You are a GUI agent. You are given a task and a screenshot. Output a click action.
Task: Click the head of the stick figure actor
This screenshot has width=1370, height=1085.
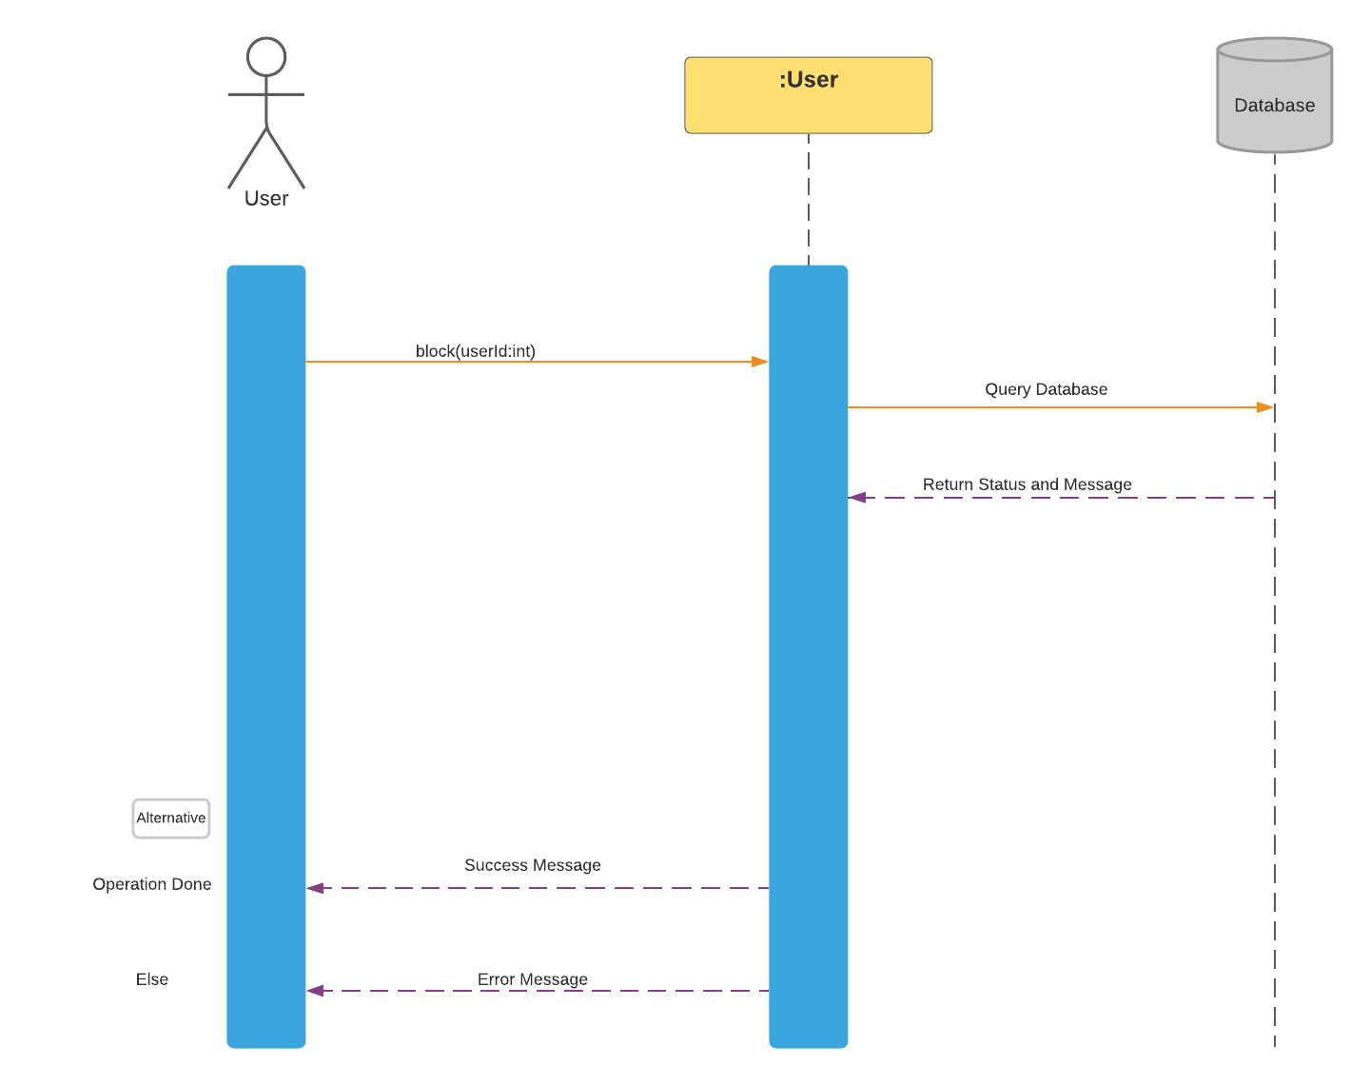(266, 57)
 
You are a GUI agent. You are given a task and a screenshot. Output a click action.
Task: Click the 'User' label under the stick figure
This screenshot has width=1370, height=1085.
(266, 199)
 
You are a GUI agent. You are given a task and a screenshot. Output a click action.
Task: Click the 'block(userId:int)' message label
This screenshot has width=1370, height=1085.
(476, 351)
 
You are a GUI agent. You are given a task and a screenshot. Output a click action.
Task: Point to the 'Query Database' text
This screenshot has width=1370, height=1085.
(1046, 389)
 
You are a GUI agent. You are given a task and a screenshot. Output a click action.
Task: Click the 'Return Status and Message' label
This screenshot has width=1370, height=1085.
(1027, 484)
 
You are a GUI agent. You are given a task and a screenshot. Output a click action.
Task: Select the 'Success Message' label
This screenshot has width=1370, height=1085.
(532, 865)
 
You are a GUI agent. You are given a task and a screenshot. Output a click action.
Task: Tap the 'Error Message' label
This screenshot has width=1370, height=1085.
(532, 979)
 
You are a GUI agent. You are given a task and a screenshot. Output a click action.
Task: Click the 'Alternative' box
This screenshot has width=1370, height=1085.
(171, 819)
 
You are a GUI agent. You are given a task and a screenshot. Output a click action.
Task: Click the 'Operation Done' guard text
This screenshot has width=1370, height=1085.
(152, 884)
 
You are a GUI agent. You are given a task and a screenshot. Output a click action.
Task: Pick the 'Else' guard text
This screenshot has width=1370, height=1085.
(152, 979)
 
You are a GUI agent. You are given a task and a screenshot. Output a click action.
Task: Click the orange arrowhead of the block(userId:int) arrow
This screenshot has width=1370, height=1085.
(760, 362)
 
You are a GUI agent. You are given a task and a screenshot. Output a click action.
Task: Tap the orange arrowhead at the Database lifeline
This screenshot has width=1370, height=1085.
(1265, 407)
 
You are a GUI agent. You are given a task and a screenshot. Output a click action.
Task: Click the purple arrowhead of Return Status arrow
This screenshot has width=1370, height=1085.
(856, 497)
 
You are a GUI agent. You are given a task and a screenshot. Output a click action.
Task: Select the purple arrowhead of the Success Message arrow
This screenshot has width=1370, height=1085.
(315, 888)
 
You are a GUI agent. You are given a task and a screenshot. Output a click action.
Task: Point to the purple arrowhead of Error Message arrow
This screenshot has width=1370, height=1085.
(315, 991)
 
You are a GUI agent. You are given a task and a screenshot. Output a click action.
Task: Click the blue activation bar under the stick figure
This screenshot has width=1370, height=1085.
(266, 619)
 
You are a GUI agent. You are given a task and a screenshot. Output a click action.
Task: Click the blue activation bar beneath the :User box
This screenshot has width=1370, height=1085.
(808, 666)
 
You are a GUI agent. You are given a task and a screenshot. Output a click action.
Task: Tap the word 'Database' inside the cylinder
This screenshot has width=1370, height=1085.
(1274, 106)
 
